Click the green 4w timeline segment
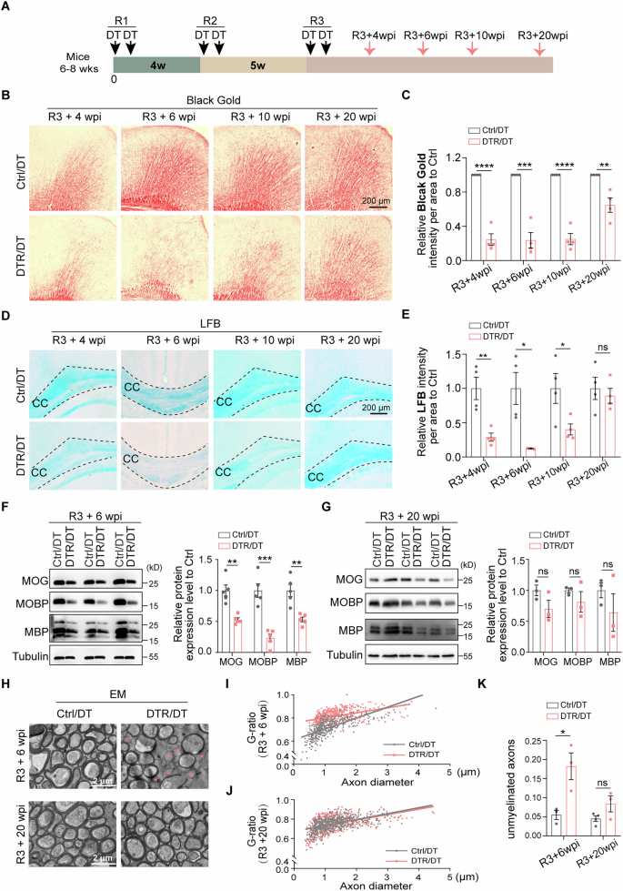[156, 65]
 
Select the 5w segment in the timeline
[254, 65]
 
